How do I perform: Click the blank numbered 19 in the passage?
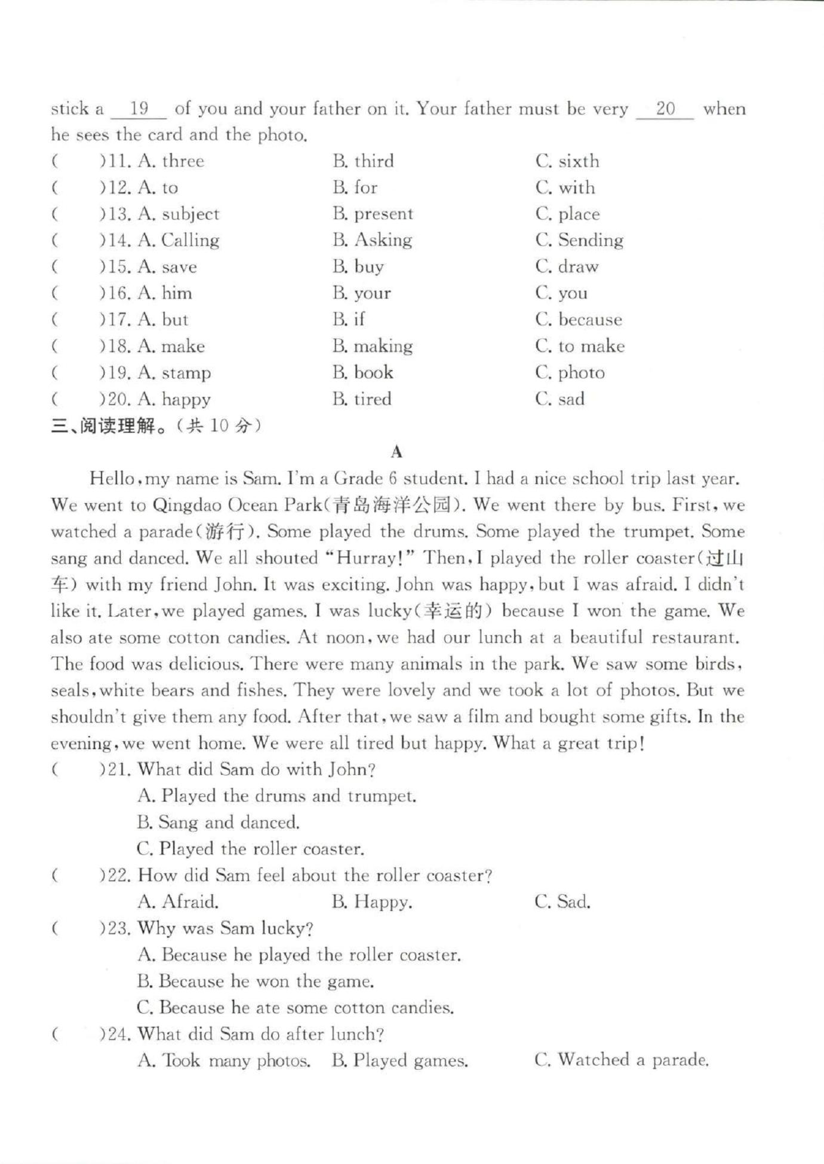(139, 109)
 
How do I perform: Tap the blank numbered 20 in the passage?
(665, 109)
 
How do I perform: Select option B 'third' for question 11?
(364, 161)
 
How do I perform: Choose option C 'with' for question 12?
(565, 188)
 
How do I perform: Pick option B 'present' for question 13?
(373, 214)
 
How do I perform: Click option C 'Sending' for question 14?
(579, 241)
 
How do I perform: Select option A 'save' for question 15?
(167, 267)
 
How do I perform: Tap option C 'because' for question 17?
(579, 320)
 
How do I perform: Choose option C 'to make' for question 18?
(580, 346)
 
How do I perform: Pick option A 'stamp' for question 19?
(174, 373)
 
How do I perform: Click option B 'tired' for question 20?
(362, 399)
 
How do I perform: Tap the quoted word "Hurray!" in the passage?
(370, 559)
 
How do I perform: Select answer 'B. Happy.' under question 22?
(371, 902)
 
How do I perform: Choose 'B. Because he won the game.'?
(256, 981)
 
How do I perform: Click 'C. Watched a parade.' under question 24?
(622, 1061)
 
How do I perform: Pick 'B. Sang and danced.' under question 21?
(218, 823)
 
